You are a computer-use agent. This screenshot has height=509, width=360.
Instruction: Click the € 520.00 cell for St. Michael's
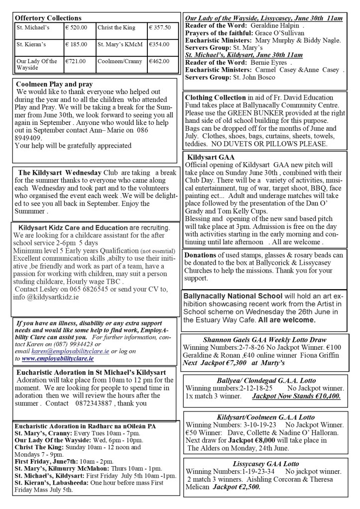76,27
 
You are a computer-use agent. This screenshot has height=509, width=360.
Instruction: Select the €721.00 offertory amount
76,61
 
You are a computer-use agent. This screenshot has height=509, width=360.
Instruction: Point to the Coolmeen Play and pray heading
54,84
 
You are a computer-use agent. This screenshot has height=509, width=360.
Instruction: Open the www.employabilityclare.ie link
58,358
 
